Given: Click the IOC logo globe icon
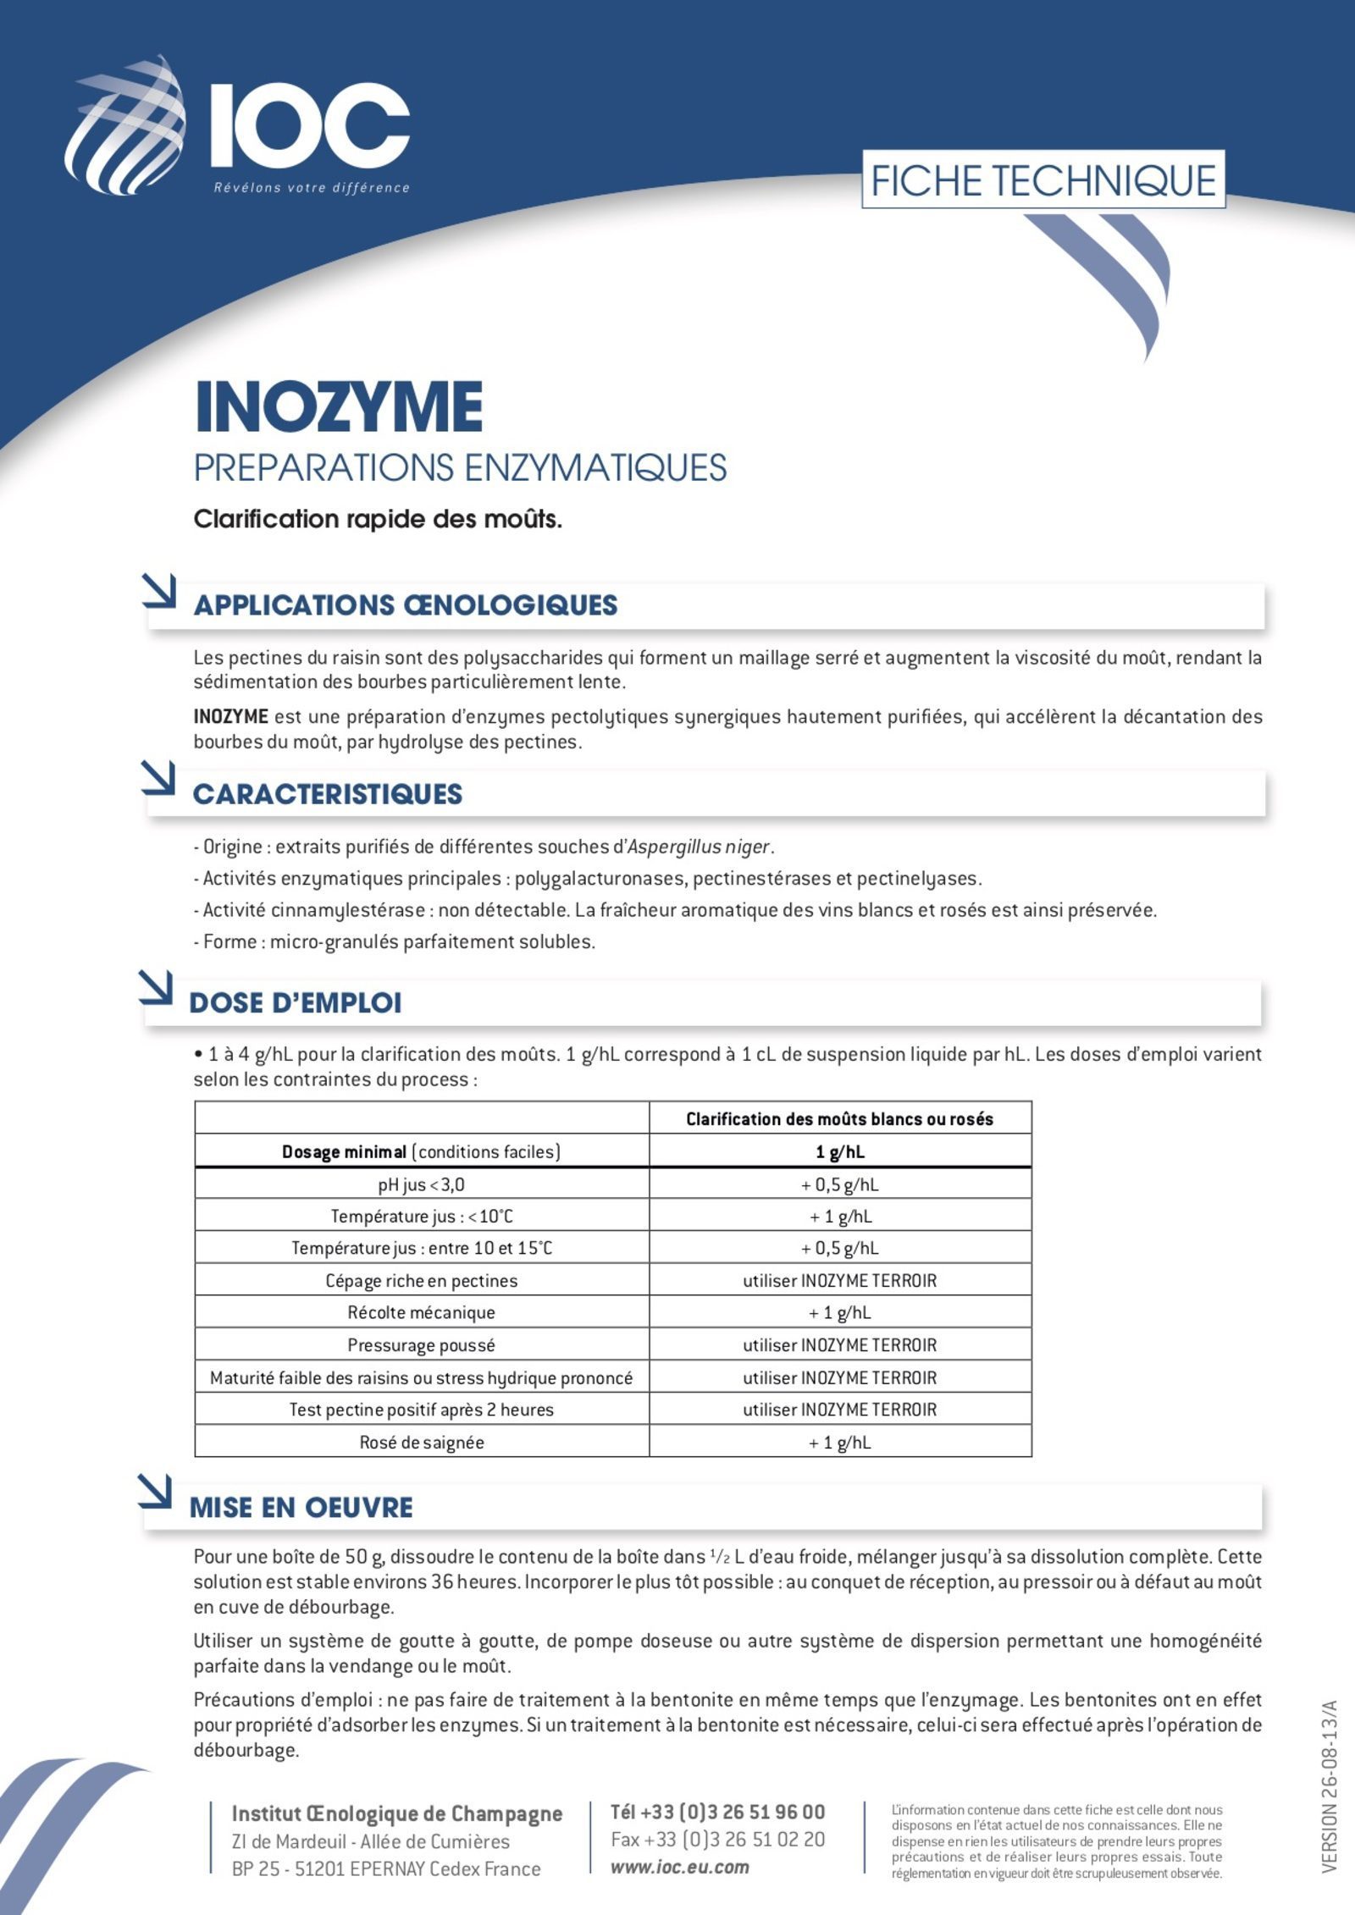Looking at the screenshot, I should tap(127, 125).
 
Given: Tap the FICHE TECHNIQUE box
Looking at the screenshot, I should tap(1043, 179).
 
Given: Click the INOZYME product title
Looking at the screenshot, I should tap(339, 407).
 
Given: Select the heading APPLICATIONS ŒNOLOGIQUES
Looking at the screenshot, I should tap(406, 604).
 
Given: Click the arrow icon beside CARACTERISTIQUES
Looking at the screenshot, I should tap(158, 778).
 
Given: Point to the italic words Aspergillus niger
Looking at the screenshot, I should tap(699, 846).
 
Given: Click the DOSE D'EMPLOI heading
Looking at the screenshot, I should tap(296, 1002).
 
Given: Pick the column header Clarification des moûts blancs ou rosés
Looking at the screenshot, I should tap(839, 1118).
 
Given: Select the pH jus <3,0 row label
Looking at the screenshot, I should tap(421, 1184).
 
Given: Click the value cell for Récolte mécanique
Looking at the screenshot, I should tap(839, 1312).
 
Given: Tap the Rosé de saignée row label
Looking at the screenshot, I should tap(421, 1442).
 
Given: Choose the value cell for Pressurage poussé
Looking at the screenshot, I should tap(839, 1344).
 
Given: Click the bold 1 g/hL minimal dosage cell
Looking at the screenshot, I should tap(839, 1151).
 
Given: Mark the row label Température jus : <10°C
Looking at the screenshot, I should tap(421, 1216).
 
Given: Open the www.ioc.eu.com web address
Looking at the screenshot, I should tap(679, 1867).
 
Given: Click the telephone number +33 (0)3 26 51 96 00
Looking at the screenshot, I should tap(717, 1812).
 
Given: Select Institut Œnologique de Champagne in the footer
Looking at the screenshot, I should tap(396, 1813).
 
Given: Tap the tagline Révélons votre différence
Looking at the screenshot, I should tap(311, 188).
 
